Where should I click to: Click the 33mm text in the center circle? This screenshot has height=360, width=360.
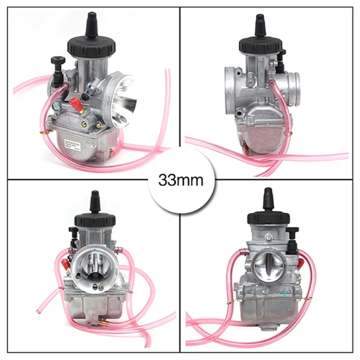180,180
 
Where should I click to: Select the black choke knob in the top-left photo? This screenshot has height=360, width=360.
58,62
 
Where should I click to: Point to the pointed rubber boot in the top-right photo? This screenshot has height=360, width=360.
260,24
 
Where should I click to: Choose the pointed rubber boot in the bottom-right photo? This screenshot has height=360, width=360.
268,198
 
